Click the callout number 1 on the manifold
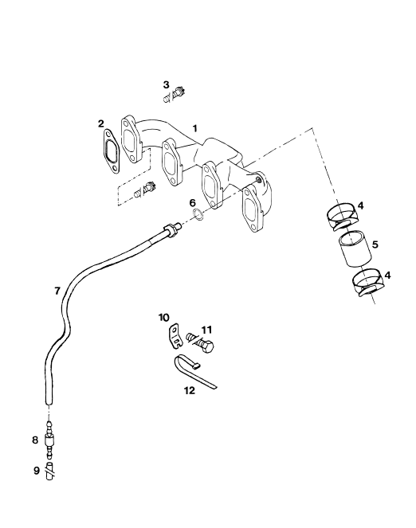(x=194, y=128)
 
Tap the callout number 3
(x=166, y=85)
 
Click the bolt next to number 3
(x=175, y=94)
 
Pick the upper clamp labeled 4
(x=341, y=217)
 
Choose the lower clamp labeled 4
(x=368, y=282)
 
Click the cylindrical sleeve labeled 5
(x=355, y=249)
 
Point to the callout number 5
(x=375, y=244)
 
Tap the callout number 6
(x=192, y=203)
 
